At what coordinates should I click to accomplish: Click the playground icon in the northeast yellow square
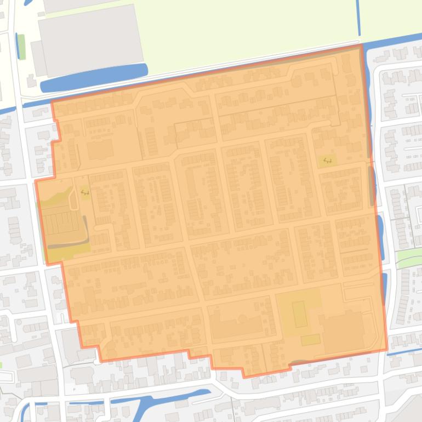[x=328, y=161]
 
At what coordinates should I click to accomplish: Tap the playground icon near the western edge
[x=85, y=192]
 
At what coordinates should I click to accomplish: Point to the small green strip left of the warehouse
[x=21, y=47]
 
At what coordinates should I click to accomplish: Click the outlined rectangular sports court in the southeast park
[x=300, y=314]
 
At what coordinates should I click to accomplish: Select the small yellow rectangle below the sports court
[x=310, y=340]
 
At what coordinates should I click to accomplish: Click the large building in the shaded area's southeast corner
[x=343, y=332]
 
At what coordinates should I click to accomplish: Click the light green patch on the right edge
[x=409, y=258]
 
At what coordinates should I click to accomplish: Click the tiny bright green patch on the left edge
[x=1, y=364]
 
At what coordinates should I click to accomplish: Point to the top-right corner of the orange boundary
[x=362, y=45]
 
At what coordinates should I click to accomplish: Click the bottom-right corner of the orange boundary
[x=387, y=350]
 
